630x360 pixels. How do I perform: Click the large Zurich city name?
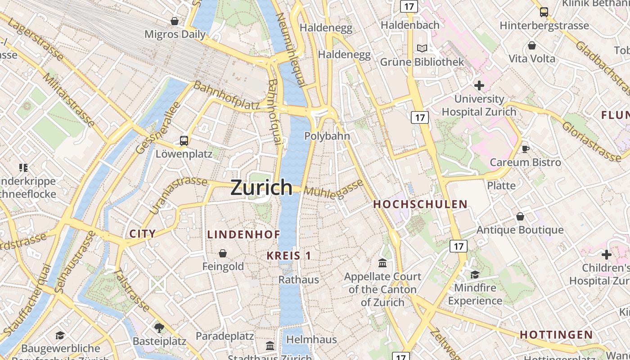coord(261,187)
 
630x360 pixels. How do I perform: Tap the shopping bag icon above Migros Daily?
coord(175,21)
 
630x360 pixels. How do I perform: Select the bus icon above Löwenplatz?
coord(184,141)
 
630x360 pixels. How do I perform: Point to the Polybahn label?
coord(327,136)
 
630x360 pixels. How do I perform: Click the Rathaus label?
coord(299,279)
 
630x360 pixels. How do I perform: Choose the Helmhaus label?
coord(311,339)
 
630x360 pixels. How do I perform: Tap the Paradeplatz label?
coord(225,336)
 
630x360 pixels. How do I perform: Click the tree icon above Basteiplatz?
coord(159,327)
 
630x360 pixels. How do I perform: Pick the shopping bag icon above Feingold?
coord(222,253)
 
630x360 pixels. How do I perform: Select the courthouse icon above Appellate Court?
coord(382,263)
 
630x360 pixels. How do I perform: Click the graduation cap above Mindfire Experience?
coord(475,274)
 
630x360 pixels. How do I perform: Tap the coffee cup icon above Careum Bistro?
coord(525,149)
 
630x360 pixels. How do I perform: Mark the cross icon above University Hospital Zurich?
coord(479,85)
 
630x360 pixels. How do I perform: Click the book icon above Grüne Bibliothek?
coord(422,49)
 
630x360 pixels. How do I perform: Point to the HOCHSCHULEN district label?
coord(420,204)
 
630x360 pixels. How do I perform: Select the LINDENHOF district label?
coord(243,234)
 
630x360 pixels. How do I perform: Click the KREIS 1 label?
coord(288,256)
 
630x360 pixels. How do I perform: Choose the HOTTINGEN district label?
coord(556,335)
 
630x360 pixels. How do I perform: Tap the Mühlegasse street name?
coord(333,188)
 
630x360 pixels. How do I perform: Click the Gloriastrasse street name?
coord(591,137)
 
